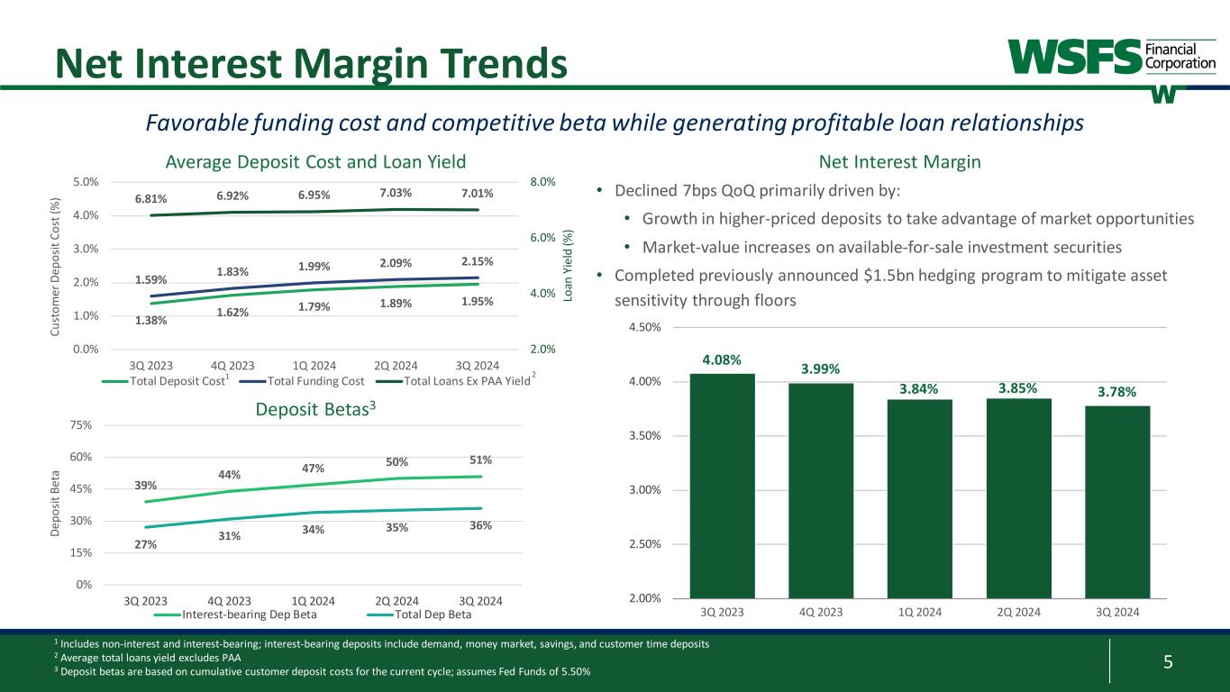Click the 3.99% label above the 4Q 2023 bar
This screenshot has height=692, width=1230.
(x=820, y=369)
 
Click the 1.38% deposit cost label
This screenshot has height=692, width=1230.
(x=151, y=319)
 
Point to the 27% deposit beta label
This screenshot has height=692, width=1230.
(x=146, y=544)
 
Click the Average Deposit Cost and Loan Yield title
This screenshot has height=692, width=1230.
(x=315, y=162)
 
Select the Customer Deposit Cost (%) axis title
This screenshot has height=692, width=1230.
(x=55, y=265)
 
